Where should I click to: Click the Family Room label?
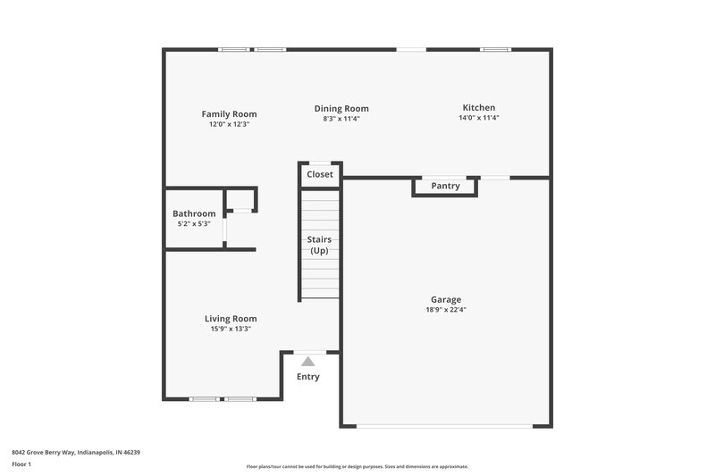point(229,114)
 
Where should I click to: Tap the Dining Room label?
point(341,109)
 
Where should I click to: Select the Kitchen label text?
point(478,108)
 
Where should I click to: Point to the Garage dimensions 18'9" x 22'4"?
point(446,310)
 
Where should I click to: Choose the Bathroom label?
point(194,213)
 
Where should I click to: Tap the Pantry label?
point(445,186)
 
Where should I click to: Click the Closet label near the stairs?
point(320,174)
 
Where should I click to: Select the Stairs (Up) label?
point(319,245)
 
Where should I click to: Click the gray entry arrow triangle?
point(308,362)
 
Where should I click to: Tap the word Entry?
point(308,377)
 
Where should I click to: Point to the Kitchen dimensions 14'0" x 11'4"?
point(478,118)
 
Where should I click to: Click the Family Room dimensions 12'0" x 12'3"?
point(229,124)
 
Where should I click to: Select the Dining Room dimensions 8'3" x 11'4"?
point(341,119)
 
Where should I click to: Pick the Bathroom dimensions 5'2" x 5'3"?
point(194,223)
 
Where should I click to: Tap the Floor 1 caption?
point(21,465)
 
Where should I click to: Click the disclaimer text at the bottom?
point(357,467)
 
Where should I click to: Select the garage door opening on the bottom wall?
point(444,425)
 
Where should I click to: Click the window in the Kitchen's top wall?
point(495,50)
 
